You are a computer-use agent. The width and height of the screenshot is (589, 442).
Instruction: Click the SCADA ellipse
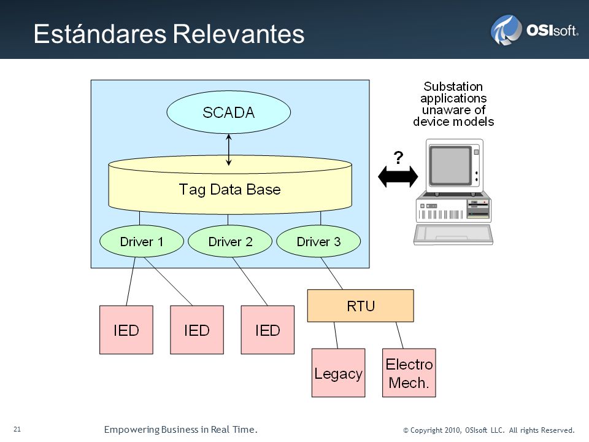[228, 112]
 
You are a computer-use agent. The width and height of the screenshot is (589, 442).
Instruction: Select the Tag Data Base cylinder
[230, 185]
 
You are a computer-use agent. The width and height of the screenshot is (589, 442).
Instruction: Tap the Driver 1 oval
[142, 241]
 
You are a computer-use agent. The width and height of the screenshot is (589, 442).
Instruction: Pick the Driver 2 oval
[230, 241]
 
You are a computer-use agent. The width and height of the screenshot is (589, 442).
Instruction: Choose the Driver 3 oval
[318, 241]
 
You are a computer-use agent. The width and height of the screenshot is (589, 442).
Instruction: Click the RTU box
[361, 306]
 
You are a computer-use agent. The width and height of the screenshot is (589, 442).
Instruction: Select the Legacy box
[339, 373]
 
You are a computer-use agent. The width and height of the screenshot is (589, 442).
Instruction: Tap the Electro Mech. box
[409, 373]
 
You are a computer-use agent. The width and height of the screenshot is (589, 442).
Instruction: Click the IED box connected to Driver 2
[268, 330]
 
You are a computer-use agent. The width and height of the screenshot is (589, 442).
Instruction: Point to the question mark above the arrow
[398, 157]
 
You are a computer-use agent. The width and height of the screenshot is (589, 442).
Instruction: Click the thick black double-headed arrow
[398, 176]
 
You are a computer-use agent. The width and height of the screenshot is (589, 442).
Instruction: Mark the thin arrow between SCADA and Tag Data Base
[228, 150]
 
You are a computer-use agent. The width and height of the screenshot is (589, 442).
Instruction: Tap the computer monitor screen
[450, 165]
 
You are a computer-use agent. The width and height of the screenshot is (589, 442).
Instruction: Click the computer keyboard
[453, 235]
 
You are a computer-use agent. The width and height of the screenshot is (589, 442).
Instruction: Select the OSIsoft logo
[534, 30]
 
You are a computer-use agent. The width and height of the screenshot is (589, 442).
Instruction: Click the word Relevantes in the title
[239, 34]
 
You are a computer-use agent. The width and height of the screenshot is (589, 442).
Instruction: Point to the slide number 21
[17, 429]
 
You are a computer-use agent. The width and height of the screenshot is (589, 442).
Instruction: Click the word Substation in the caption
[453, 87]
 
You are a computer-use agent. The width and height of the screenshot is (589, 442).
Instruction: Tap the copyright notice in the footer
[489, 430]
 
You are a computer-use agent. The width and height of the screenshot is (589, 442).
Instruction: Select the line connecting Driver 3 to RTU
[332, 273]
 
